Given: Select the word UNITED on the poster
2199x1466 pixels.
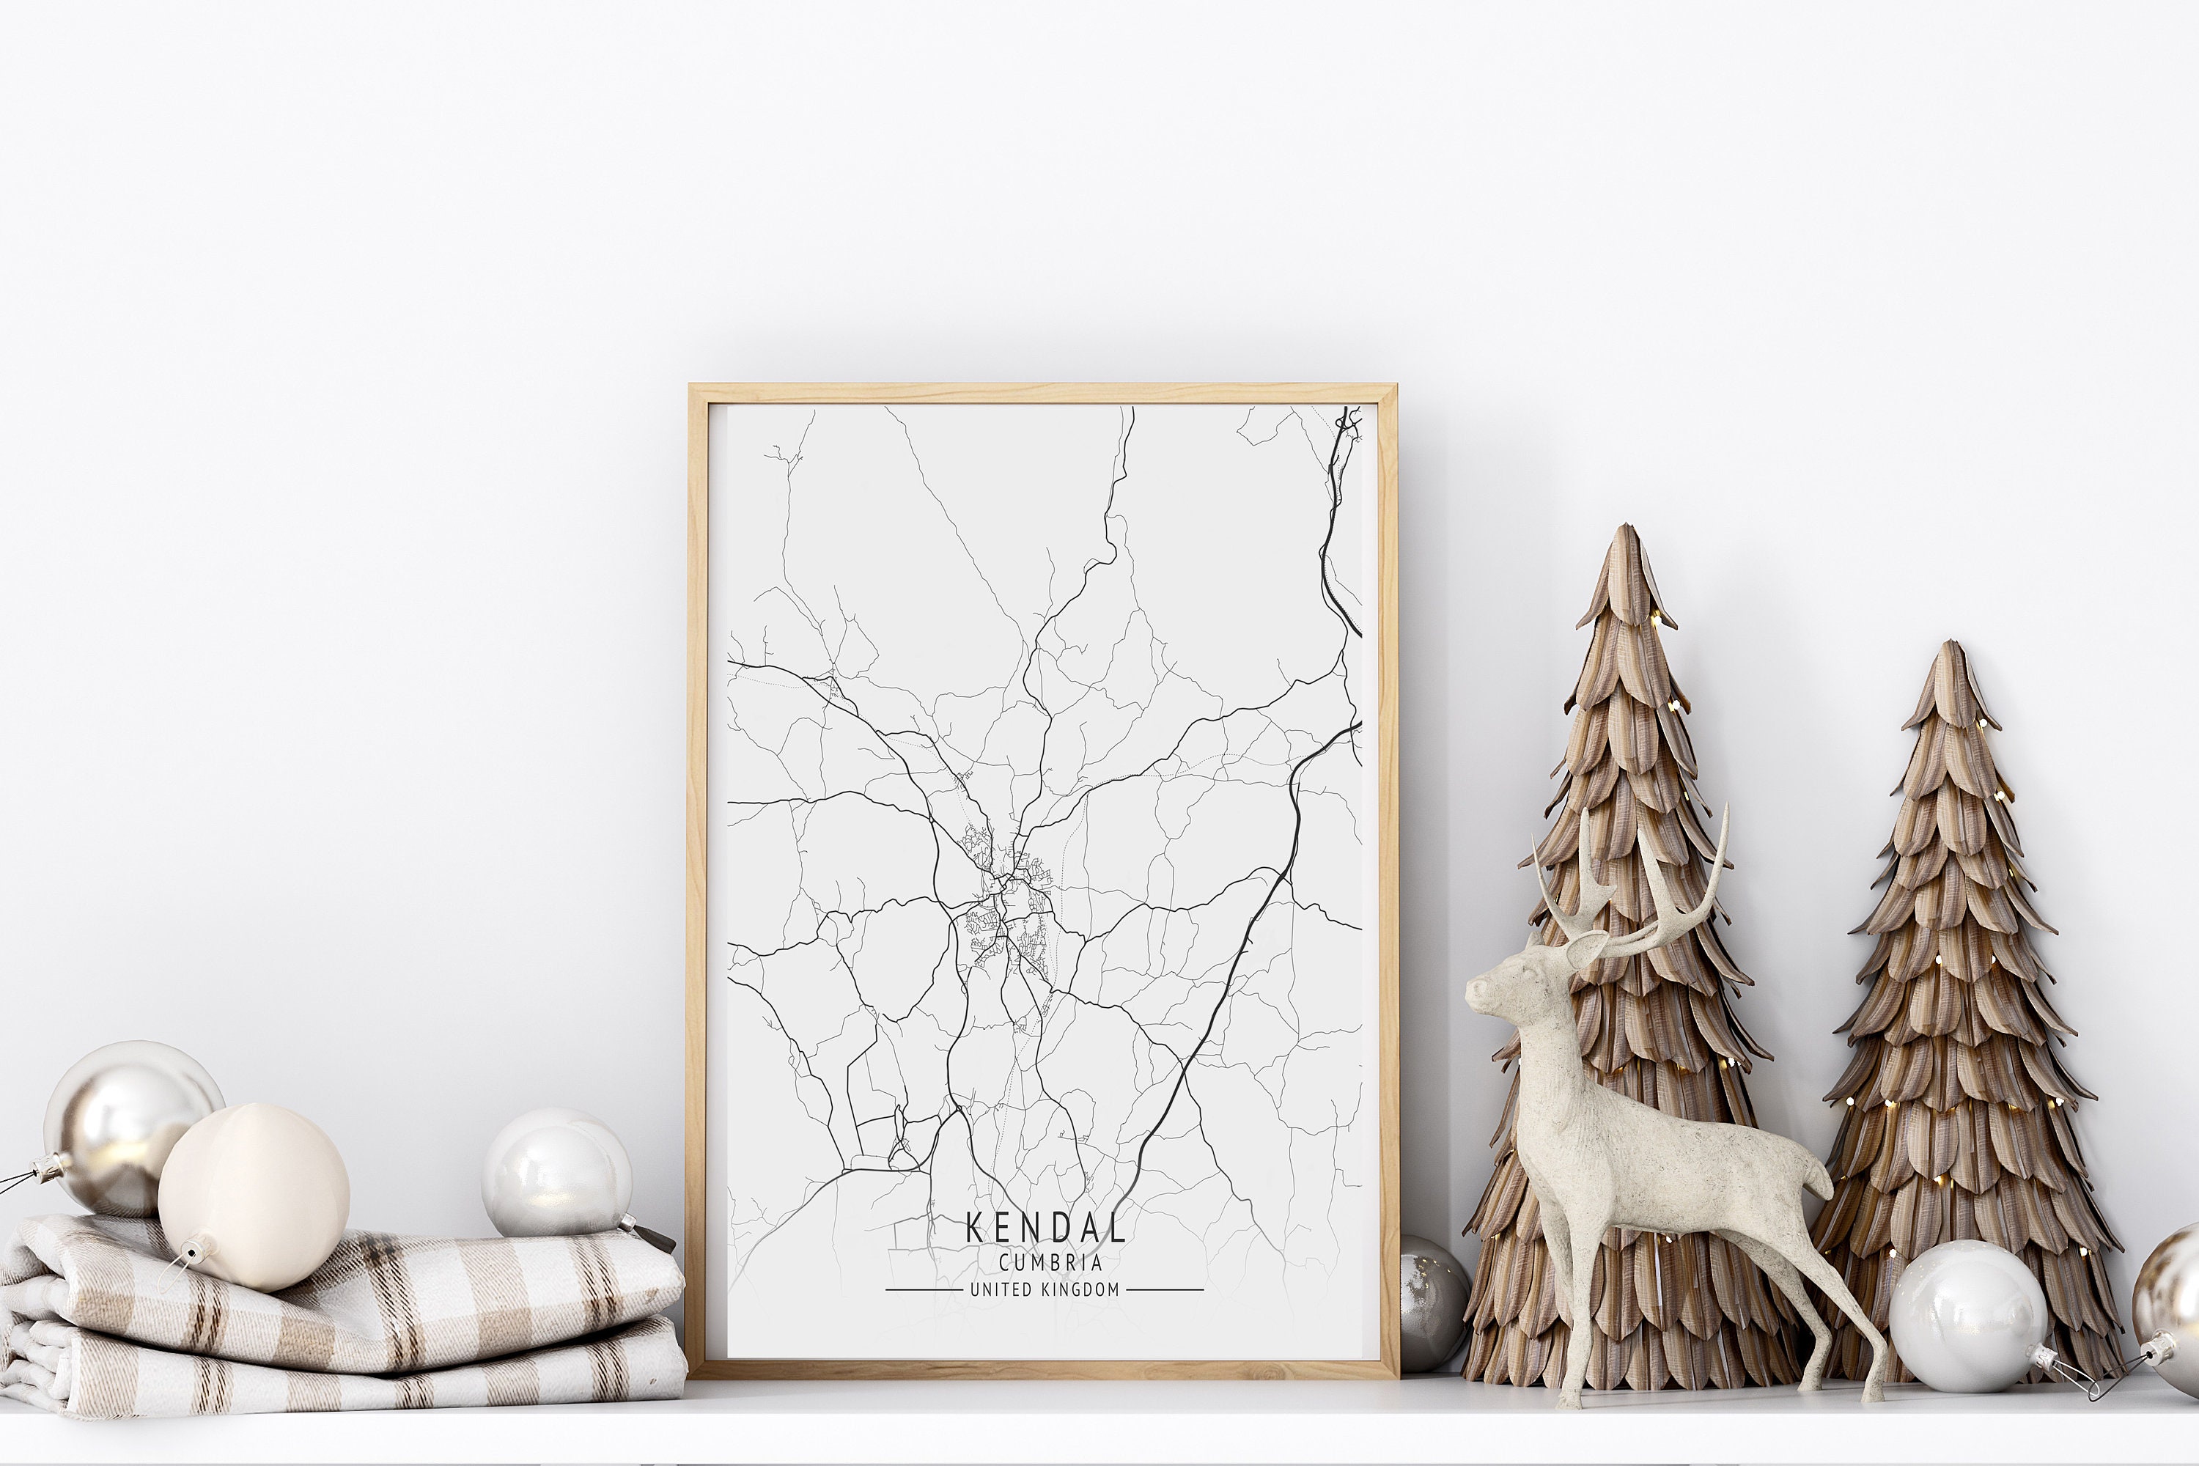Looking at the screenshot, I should point(1001,1290).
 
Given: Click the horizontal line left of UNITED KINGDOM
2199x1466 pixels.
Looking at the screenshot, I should point(923,1290).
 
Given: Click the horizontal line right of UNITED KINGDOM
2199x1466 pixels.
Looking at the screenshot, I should point(1164,1290).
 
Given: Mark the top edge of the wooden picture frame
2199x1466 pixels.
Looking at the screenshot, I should point(1042,393).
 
